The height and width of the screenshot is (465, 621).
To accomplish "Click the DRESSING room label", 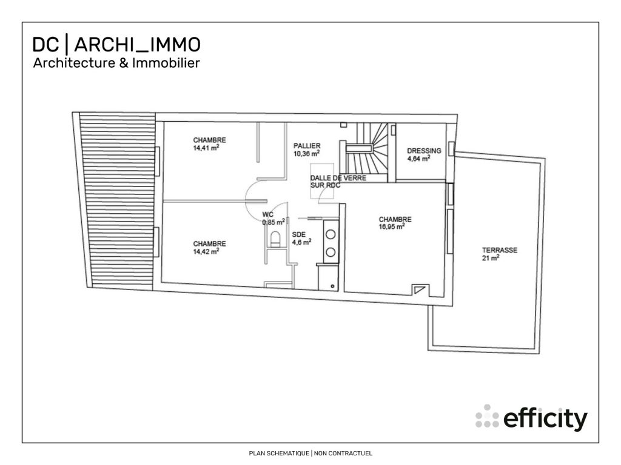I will (x=424, y=151).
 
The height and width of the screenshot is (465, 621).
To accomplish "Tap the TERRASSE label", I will (x=500, y=250).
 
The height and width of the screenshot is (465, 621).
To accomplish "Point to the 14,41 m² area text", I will (x=206, y=147).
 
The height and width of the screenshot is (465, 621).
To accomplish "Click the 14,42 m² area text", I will (x=206, y=251).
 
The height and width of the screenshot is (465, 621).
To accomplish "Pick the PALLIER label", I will (x=307, y=146).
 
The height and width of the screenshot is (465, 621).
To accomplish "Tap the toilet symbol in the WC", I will (x=277, y=238).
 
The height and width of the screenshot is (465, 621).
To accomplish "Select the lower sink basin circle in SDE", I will (x=331, y=251).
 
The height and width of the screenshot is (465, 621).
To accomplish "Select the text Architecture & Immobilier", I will (x=116, y=63).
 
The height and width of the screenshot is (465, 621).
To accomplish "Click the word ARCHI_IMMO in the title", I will (x=138, y=44).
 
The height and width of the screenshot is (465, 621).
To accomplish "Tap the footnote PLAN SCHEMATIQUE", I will (x=279, y=453).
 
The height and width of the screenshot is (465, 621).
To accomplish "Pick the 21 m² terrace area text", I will (x=491, y=258).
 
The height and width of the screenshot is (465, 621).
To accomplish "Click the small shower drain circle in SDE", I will (x=331, y=285).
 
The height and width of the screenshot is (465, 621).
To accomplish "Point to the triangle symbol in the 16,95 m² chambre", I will (x=419, y=289).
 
